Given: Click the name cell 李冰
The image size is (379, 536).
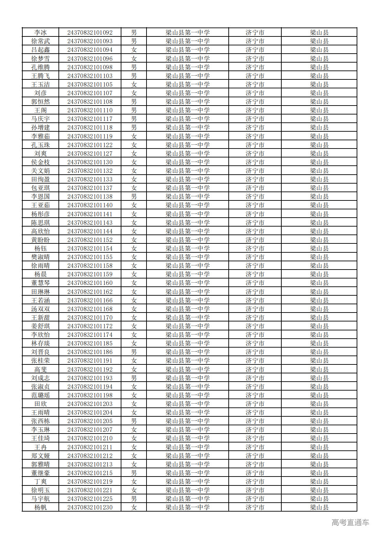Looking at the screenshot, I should coord(41,33).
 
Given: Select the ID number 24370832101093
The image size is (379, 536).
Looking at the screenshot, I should coord(90,41).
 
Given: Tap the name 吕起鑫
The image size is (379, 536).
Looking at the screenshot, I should coord(41,50).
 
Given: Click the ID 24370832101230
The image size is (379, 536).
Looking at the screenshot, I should coord(90,507).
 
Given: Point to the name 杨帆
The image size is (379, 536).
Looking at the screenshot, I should coord(41,507).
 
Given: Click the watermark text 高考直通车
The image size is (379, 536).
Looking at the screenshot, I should coord(350,523).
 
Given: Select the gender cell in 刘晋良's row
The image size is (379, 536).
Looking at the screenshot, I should coord(134,352).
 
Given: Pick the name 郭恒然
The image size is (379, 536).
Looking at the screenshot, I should coord(41,102).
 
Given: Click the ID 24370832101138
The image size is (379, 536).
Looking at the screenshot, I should coord(90,197).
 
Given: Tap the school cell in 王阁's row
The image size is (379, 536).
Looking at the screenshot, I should coord(187,110).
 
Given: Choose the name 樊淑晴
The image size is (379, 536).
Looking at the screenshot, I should coord(41,257).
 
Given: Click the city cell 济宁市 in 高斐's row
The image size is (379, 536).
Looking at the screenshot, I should coord(255,370).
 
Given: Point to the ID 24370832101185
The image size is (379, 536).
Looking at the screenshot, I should coord(90,343).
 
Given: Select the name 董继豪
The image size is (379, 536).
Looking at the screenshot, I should coord(41,473).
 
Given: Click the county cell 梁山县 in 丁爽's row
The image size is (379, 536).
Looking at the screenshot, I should coord(319,482).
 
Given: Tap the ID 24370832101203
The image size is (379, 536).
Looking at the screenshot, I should coord(90,404).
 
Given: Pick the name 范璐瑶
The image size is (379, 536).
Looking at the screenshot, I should coord(41,395).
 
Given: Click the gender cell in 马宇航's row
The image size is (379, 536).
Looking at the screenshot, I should coord(134,499).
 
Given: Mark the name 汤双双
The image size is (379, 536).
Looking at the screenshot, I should coord(41,309).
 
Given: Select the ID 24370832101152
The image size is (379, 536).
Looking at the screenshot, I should coord(90,240).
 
